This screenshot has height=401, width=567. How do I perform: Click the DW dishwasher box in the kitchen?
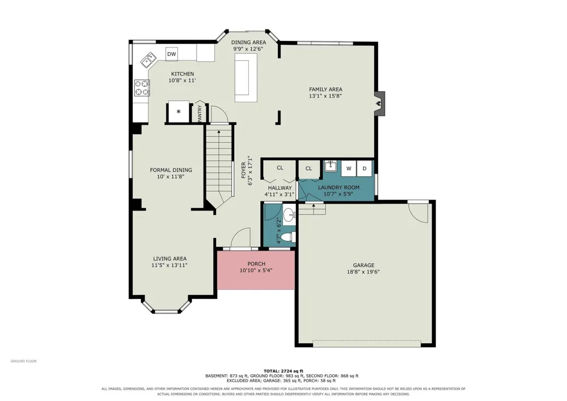(x=172, y=54)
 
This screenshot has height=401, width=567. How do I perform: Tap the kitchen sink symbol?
(x=148, y=60)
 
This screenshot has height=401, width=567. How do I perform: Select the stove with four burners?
(x=142, y=88)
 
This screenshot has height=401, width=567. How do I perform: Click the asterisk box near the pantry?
(x=179, y=112)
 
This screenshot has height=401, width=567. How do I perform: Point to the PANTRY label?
(x=199, y=113)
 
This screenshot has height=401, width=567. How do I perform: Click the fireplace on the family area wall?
(x=379, y=103)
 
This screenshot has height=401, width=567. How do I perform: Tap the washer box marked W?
(x=349, y=168)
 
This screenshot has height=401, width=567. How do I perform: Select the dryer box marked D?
(x=365, y=168)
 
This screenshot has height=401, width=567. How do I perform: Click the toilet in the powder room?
(x=289, y=237)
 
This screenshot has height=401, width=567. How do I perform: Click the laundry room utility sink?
(x=330, y=166)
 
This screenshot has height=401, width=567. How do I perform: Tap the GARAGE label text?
(x=363, y=265)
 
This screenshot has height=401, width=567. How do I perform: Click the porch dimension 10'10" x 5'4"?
(x=256, y=270)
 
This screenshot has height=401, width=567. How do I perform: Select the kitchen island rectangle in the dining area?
(x=246, y=78)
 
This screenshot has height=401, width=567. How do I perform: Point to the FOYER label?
(x=244, y=170)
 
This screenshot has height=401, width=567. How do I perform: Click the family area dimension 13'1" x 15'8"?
(x=325, y=96)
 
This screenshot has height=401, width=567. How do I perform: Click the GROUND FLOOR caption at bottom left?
(x=23, y=361)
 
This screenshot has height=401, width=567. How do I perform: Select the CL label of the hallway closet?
(x=280, y=168)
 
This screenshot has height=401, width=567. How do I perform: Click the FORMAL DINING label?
(x=171, y=170)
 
